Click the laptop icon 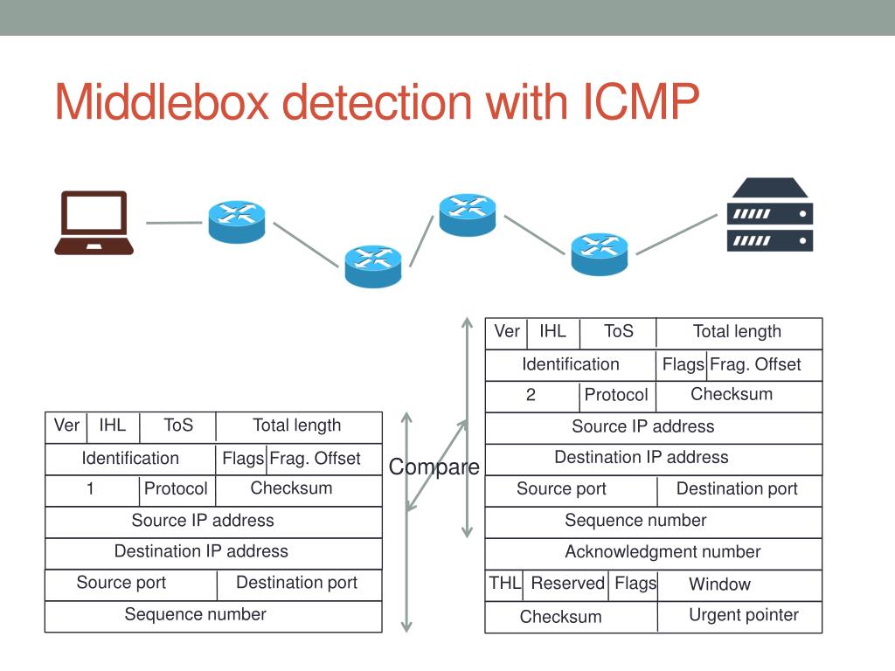pyautogui.click(x=94, y=223)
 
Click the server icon pyautogui.click(x=770, y=215)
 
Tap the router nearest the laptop pyautogui.click(x=237, y=222)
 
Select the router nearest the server pyautogui.click(x=600, y=254)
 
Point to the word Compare pyautogui.click(x=434, y=467)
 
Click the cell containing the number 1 pyautogui.click(x=93, y=490)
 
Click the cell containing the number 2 pyautogui.click(x=532, y=396)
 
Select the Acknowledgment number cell pyautogui.click(x=654, y=553)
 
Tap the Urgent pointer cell pyautogui.click(x=739, y=616)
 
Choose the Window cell pyautogui.click(x=739, y=585)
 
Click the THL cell pyautogui.click(x=504, y=585)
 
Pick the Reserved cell pyautogui.click(x=565, y=585)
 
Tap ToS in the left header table pyautogui.click(x=178, y=426)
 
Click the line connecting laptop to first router pyautogui.click(x=174, y=223)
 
